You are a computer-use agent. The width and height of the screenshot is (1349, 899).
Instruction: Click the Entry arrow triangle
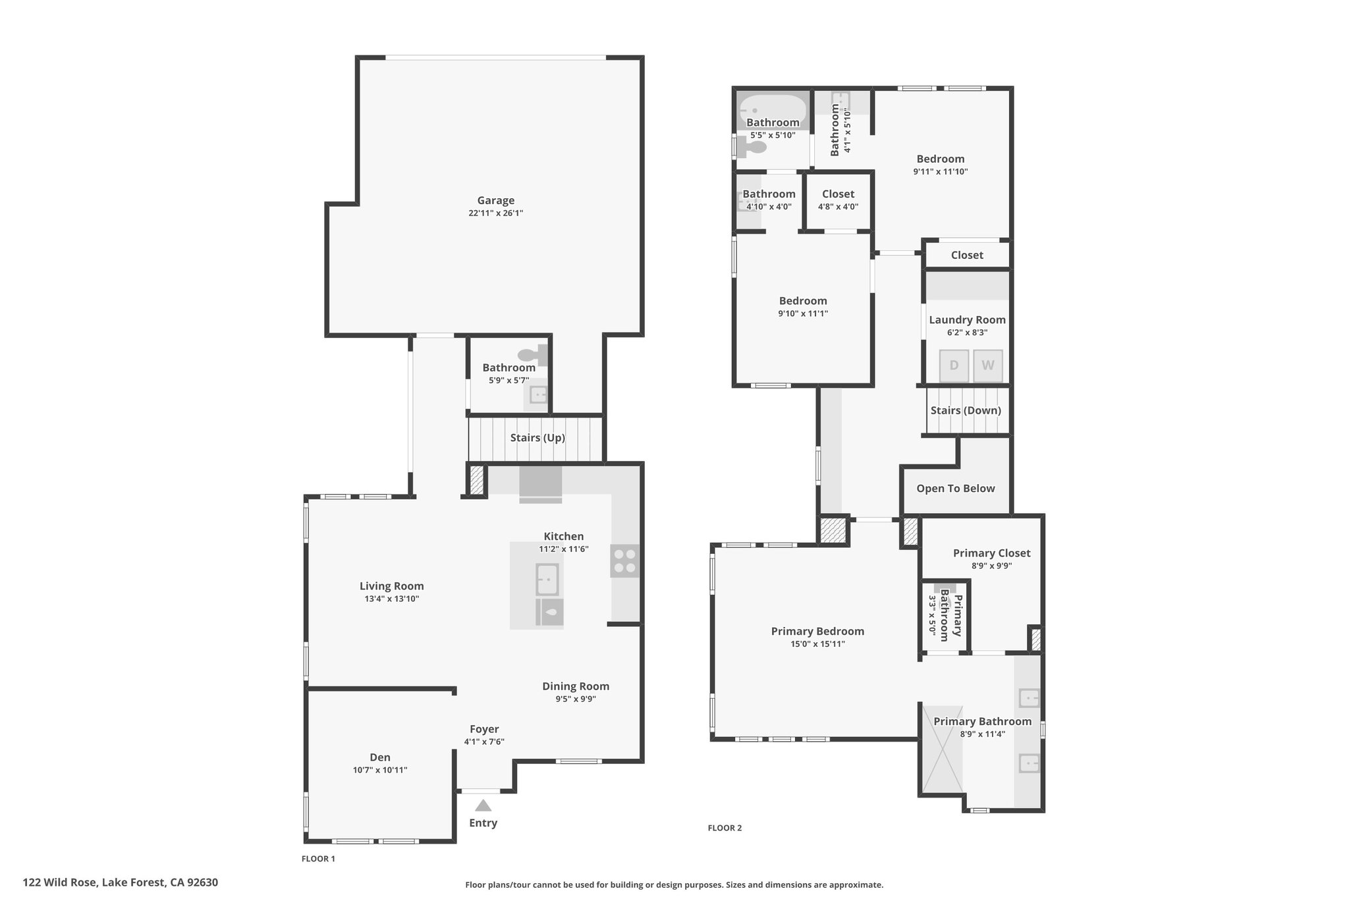pyautogui.click(x=483, y=805)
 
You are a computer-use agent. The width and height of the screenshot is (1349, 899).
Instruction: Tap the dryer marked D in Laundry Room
pyautogui.click(x=954, y=366)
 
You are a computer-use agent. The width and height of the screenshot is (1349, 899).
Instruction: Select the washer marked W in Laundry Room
pyautogui.click(x=988, y=366)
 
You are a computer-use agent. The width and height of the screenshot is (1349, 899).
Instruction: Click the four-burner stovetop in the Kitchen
pyautogui.click(x=624, y=561)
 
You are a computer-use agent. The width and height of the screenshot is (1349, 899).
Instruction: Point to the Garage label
pyautogui.click(x=496, y=200)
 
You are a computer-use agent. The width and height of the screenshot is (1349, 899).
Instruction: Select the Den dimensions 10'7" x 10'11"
pyautogui.click(x=380, y=770)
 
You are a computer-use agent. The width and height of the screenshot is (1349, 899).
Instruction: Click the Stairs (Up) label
pyautogui.click(x=537, y=437)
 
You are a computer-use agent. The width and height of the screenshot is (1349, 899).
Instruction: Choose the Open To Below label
pyautogui.click(x=956, y=488)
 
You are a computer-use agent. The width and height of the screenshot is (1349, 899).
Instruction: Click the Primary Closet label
pyautogui.click(x=991, y=553)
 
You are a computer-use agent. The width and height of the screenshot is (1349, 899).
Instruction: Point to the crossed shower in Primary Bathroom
pyautogui.click(x=943, y=750)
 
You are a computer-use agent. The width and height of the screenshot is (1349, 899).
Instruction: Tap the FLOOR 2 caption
pyautogui.click(x=725, y=828)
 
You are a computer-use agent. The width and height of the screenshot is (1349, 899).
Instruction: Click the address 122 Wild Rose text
pyautogui.click(x=61, y=883)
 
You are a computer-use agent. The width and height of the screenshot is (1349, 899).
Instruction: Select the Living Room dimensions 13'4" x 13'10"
pyautogui.click(x=392, y=599)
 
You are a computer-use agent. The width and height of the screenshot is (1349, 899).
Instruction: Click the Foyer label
pyautogui.click(x=484, y=729)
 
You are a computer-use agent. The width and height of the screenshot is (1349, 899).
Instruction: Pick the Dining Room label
pyautogui.click(x=576, y=686)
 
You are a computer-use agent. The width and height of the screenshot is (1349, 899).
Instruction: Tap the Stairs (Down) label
pyautogui.click(x=966, y=410)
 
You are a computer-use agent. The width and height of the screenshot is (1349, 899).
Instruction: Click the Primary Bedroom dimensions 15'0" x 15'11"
pyautogui.click(x=818, y=644)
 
